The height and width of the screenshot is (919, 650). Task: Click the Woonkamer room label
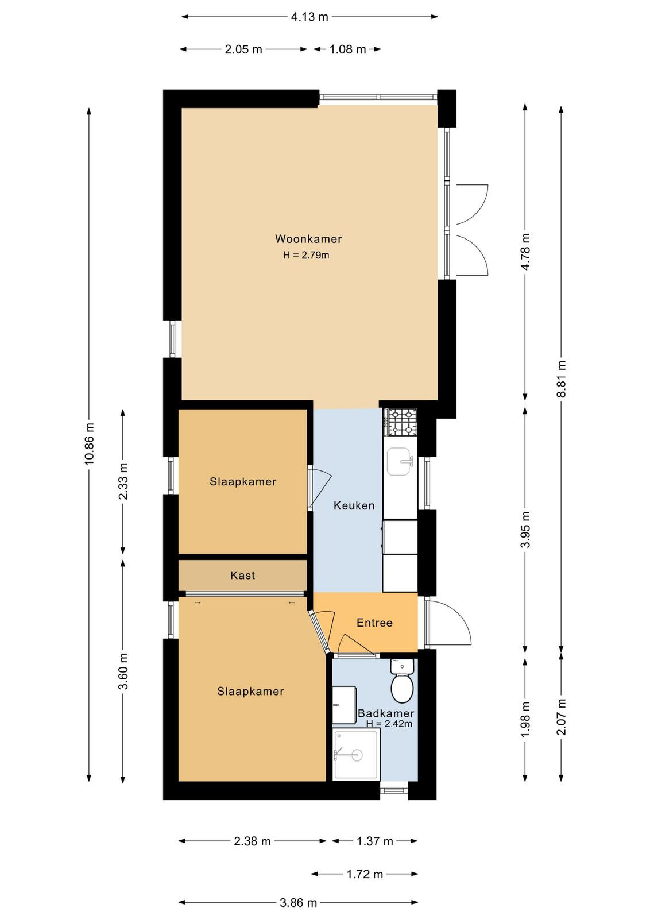coord(308,239)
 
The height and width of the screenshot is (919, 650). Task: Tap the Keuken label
coord(354,505)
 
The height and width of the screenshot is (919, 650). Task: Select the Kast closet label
coord(243,575)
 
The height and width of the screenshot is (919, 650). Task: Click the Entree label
coord(374,623)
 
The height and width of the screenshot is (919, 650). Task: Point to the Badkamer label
coord(386,713)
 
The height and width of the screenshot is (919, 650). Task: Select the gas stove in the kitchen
coord(400,422)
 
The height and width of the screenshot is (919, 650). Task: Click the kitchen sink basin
coord(400,462)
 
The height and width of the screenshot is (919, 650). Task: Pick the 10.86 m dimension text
coord(90,443)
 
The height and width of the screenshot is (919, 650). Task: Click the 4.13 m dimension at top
coord(309,17)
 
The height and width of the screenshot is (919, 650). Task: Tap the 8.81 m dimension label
coord(561,379)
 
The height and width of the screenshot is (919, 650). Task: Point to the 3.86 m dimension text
coord(298,902)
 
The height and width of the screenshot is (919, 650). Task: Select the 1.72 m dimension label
coord(365,874)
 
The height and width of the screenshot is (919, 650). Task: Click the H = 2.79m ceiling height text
coord(306,255)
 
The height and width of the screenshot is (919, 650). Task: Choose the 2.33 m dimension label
coord(123,481)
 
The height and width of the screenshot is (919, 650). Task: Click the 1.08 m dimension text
coord(347,49)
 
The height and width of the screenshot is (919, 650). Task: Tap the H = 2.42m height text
coord(389,724)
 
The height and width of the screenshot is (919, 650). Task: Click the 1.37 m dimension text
coord(374,841)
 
